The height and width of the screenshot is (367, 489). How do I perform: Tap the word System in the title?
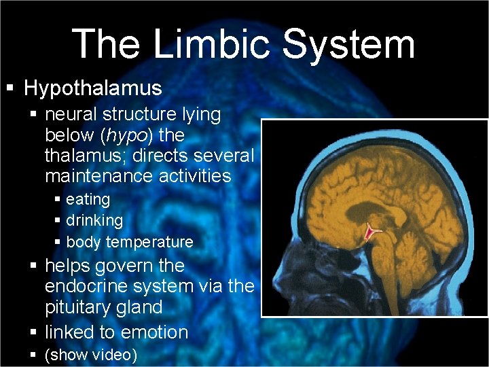point(348,45)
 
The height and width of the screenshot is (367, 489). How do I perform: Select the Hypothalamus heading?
point(93,88)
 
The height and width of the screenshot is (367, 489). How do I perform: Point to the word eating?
point(88,199)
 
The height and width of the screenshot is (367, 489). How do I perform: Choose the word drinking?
point(94,220)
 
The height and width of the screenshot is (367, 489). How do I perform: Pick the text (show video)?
point(91,355)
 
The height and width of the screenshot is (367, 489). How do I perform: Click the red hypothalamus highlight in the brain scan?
point(372,233)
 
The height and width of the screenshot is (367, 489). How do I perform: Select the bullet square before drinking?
point(58,221)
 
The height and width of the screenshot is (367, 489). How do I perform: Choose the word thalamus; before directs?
point(86,156)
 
